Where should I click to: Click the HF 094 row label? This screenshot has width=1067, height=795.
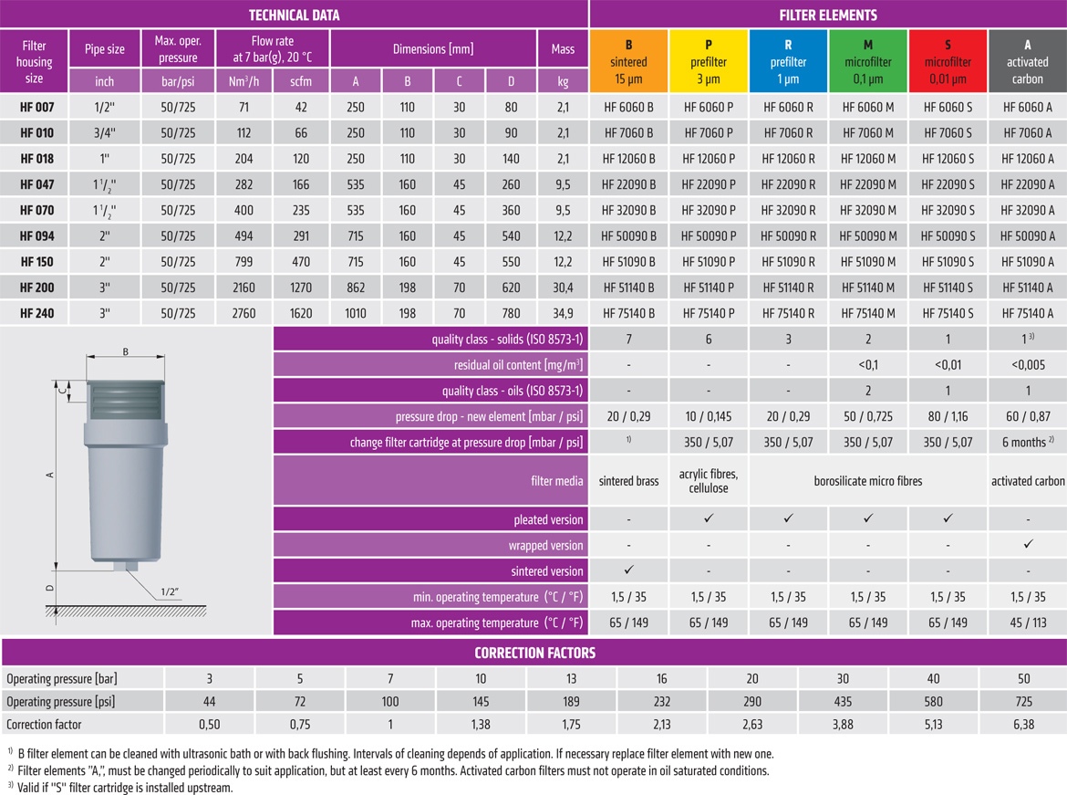[36, 235]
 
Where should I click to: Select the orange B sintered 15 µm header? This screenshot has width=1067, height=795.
[628, 60]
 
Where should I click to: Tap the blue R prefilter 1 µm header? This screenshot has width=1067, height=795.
[788, 60]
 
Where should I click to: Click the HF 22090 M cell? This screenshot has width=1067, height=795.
[867, 184]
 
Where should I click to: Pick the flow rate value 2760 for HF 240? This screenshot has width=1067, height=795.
[243, 313]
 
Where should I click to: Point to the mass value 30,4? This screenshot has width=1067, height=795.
[563, 288]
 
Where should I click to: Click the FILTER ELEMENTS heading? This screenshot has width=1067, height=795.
[828, 15]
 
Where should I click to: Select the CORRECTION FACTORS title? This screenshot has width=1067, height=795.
[534, 653]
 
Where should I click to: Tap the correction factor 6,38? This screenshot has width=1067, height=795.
[1023, 724]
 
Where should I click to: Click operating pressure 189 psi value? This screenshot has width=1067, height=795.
[571, 701]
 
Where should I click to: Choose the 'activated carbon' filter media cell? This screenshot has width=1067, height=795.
[1028, 481]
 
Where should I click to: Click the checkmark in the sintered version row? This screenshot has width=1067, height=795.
[628, 570]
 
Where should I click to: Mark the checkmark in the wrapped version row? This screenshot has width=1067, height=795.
[1028, 544]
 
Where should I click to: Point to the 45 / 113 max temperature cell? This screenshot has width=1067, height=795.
[1028, 622]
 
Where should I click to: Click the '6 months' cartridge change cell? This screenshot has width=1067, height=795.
[1028, 442]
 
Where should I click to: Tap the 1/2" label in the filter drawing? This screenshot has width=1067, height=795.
[170, 591]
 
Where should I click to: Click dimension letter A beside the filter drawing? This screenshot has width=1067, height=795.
[49, 475]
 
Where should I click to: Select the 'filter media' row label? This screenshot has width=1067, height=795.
[556, 481]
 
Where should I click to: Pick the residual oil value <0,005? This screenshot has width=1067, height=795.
[1028, 364]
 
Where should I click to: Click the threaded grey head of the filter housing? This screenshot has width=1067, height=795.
[125, 400]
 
